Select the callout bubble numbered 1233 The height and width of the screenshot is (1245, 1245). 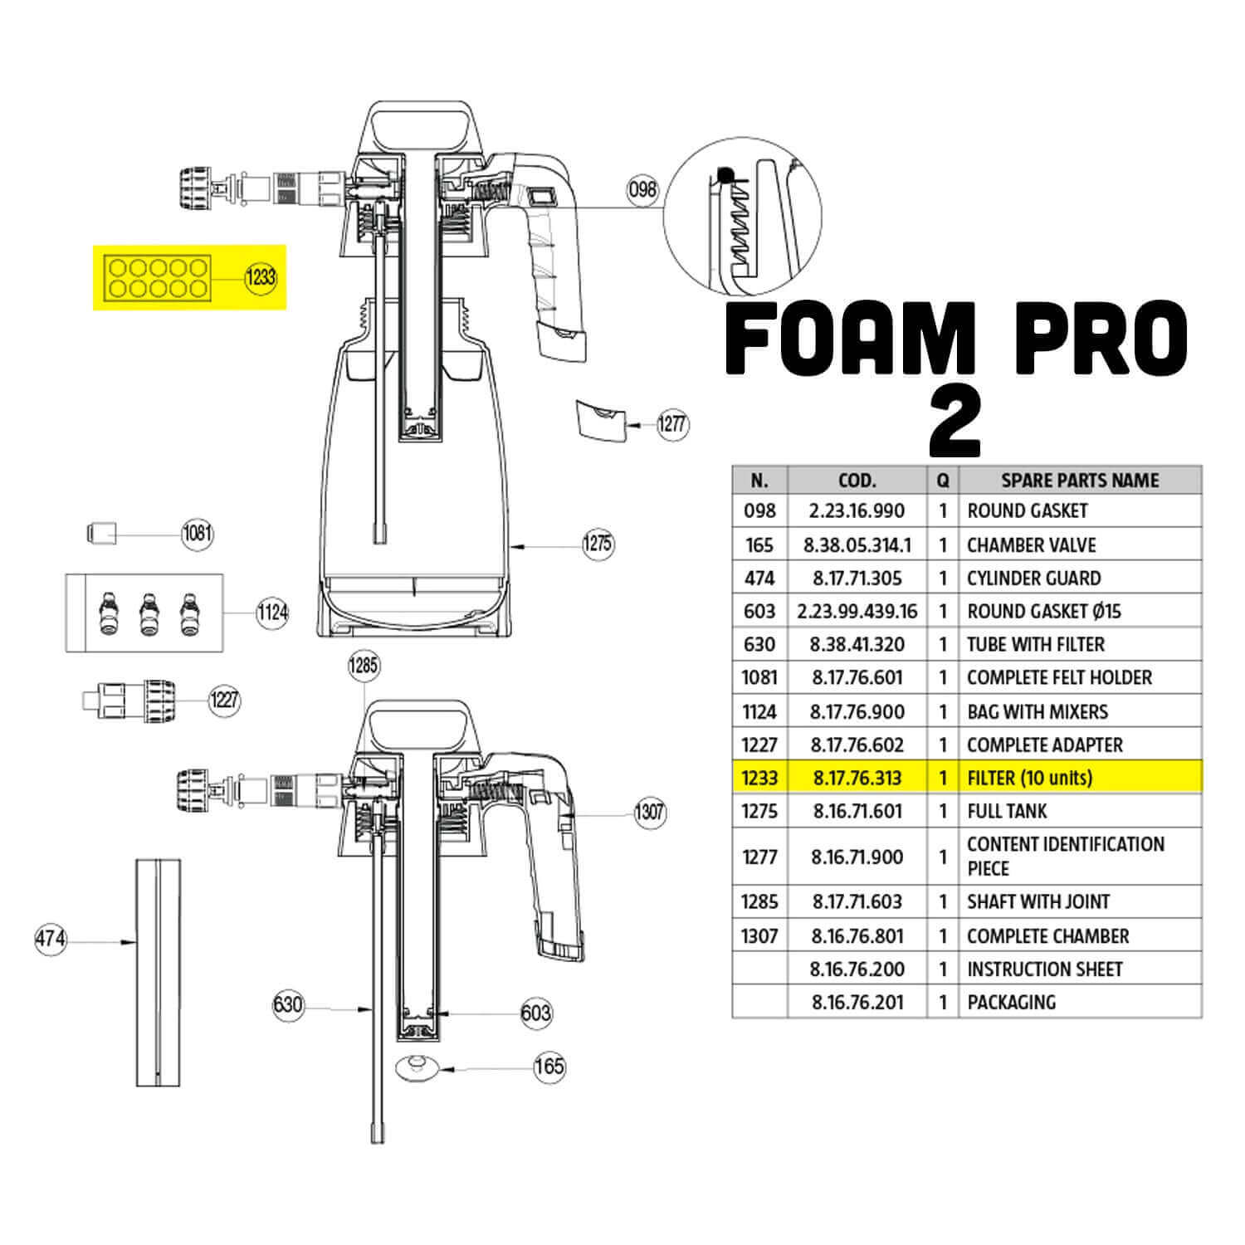(260, 276)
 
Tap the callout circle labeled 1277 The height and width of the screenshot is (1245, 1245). (671, 424)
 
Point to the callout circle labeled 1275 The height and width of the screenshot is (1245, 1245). (598, 544)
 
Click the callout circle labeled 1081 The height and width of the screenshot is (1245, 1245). (198, 533)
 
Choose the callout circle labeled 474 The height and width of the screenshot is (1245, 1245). (51, 940)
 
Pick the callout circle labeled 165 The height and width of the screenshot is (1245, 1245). (549, 1066)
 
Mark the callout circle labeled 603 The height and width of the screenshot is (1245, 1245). (536, 1013)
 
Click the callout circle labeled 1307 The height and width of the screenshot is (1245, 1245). (649, 811)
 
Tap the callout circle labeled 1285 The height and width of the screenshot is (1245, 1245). (363, 666)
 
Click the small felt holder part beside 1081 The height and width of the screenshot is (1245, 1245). (101, 532)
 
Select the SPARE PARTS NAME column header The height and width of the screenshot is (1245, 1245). (1080, 481)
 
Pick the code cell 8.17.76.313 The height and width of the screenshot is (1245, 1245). (857, 778)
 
